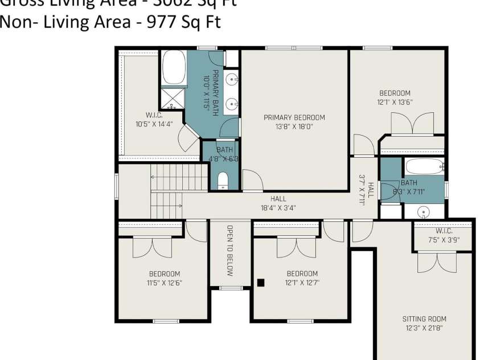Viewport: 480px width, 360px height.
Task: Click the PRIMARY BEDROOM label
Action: pos(294,118)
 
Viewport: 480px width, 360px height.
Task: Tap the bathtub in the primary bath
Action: pos(174,68)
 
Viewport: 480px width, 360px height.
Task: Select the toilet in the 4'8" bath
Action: pos(223,181)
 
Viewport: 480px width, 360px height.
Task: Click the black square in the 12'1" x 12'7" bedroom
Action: pos(261,282)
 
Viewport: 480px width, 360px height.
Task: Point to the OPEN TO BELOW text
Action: pos(230,251)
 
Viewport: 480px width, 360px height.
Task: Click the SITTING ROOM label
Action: pos(424,319)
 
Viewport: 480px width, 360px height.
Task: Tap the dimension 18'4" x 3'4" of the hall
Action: pos(278,208)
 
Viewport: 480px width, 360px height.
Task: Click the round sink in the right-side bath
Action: pos(424,212)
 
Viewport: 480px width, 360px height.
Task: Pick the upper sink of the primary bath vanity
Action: pos(232,79)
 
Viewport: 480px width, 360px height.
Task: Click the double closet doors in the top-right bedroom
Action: pos(413,124)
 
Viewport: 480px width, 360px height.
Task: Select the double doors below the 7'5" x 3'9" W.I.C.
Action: pos(437,261)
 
